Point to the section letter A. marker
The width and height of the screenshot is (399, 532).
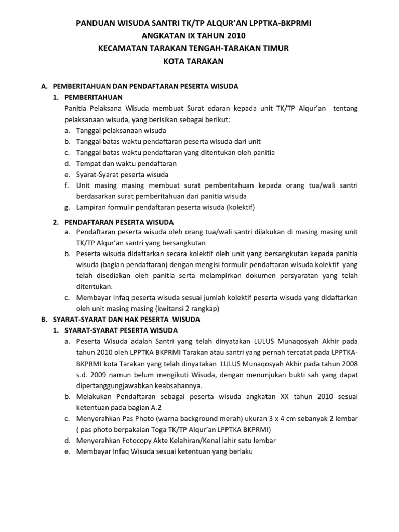coord(44,86)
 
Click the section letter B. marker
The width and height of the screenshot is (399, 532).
coord(44,319)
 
